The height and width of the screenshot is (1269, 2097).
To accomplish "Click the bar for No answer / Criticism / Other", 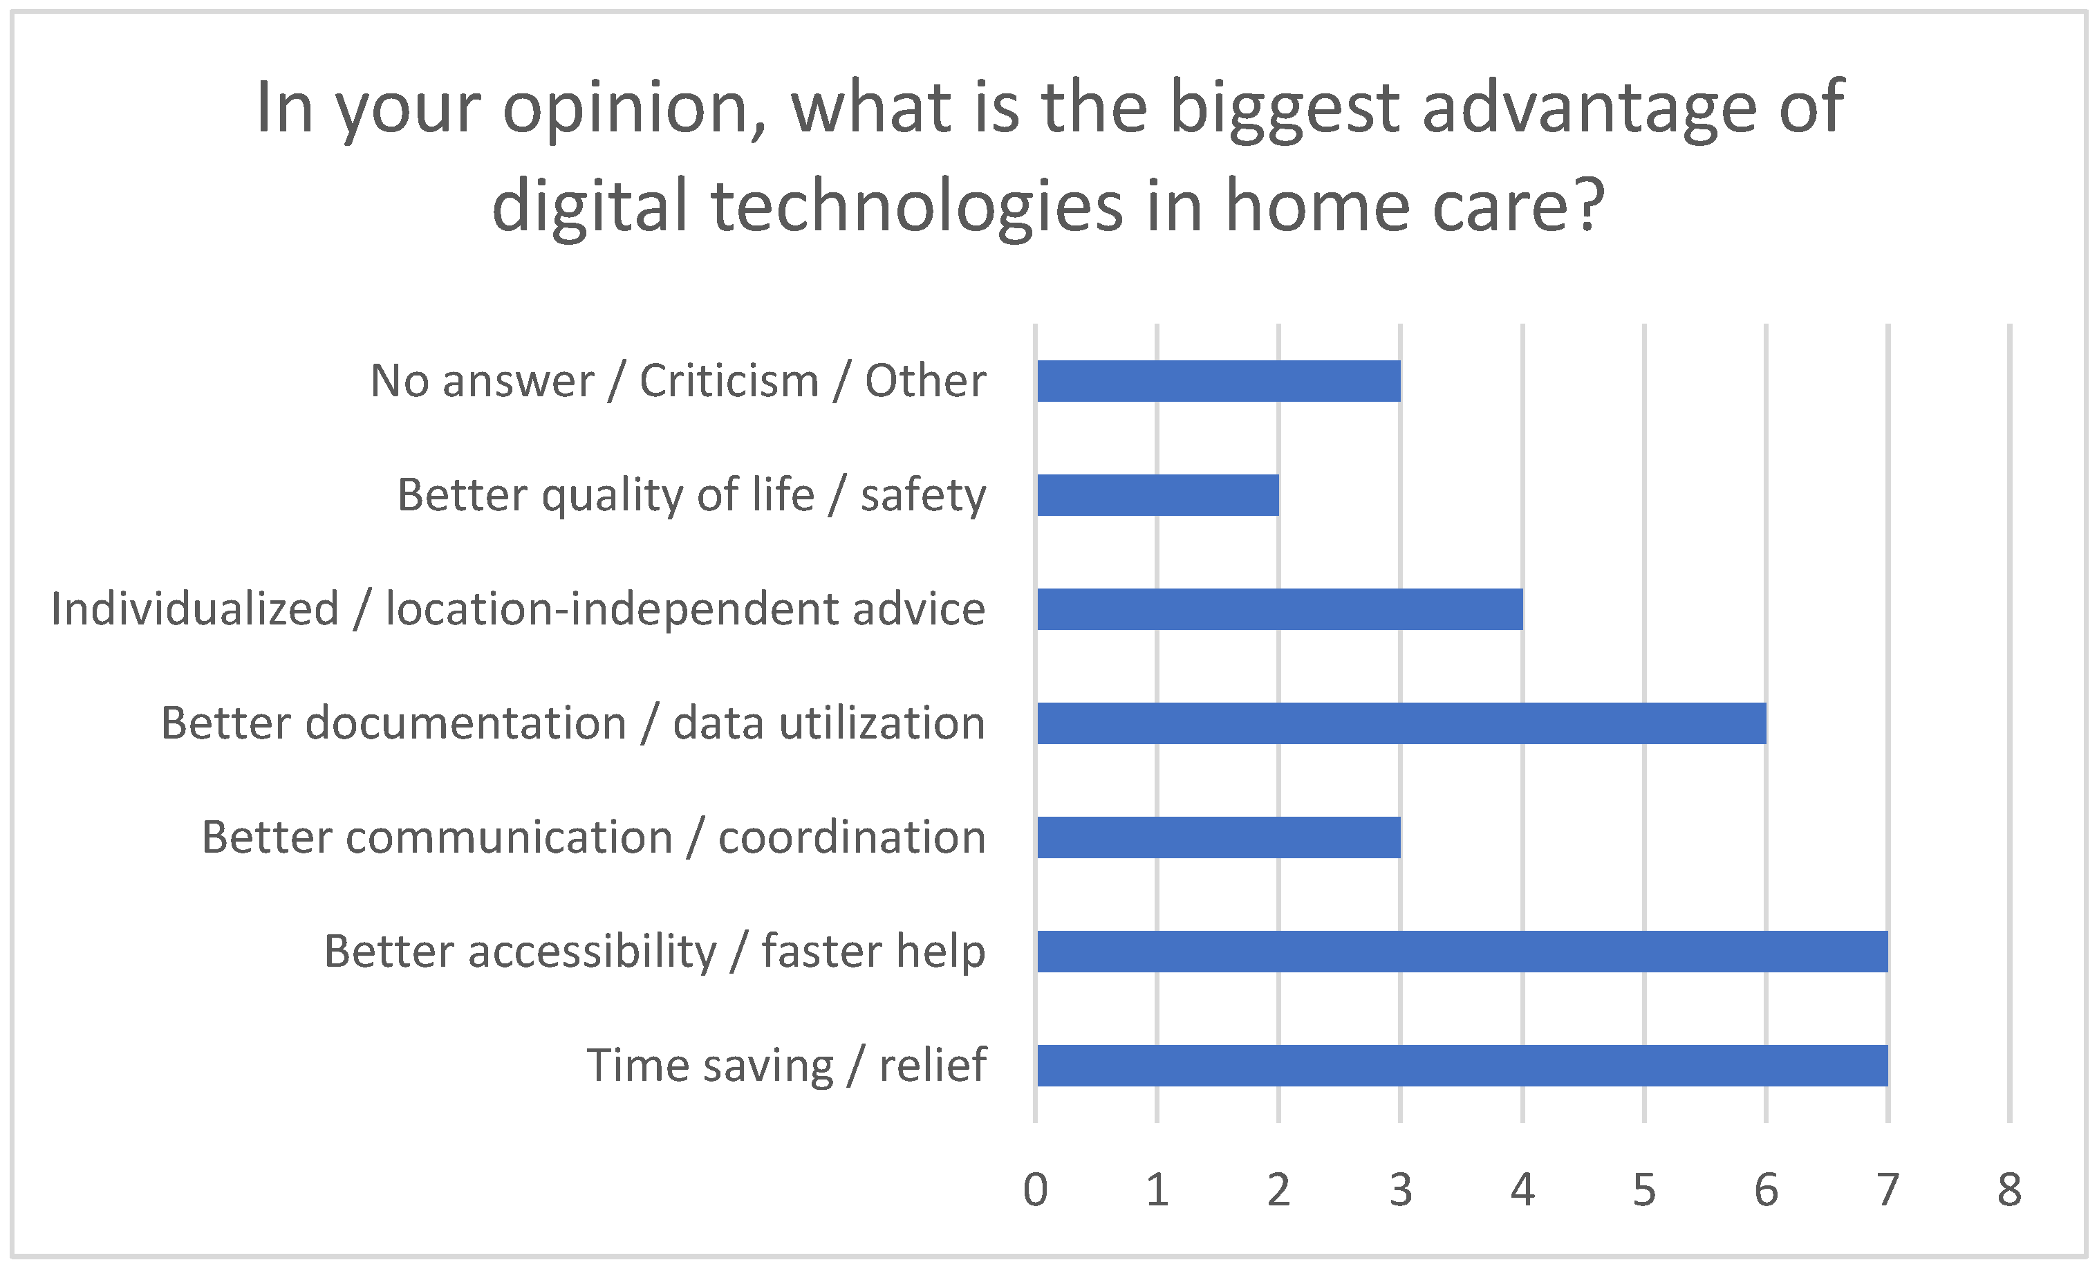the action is tap(1219, 380).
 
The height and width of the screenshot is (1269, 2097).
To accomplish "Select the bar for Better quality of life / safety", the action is tap(1158, 494).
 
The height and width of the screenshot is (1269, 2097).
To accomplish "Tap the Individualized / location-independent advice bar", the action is tap(1280, 609).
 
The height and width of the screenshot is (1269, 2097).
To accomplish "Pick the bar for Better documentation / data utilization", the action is tap(1401, 723).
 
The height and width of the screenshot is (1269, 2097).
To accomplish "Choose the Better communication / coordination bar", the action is tap(1219, 837).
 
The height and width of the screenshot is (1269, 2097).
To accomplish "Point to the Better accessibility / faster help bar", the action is tap(1463, 951).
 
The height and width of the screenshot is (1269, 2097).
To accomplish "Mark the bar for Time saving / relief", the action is tap(1463, 1065).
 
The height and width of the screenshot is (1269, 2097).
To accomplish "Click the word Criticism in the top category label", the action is tap(729, 380).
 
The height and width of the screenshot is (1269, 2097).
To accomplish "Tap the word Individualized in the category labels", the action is tap(195, 609).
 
